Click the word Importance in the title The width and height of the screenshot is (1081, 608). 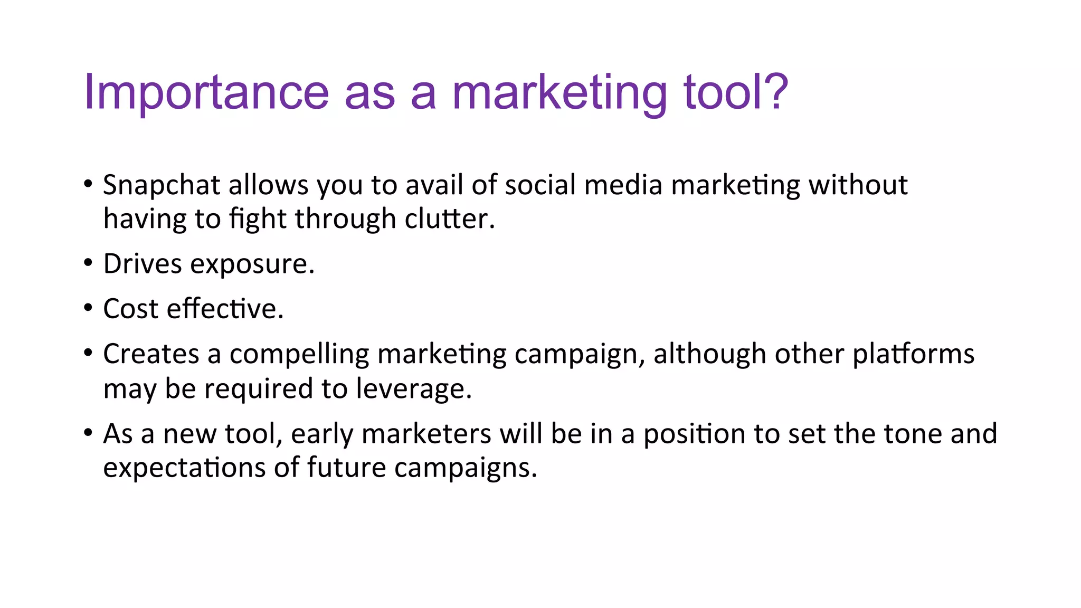[x=206, y=93]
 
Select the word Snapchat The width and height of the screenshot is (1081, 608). [x=161, y=186]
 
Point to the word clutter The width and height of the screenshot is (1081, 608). [x=449, y=219]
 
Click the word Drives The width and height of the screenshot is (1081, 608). [x=143, y=264]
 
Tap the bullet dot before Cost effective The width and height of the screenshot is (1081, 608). [x=88, y=307]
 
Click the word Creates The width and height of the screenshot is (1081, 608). [x=151, y=354]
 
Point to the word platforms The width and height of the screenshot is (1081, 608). [x=914, y=354]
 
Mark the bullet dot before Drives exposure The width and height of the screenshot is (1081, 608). [x=88, y=262]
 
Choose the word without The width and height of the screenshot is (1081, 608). [x=858, y=185]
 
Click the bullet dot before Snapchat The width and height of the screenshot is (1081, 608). [x=88, y=184]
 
